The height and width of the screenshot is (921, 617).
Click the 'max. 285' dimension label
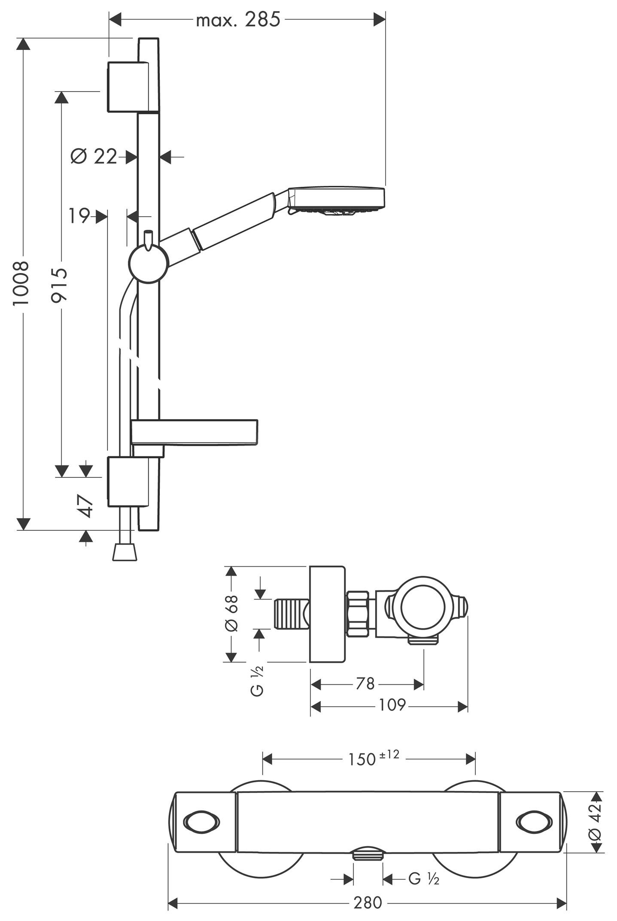click(x=238, y=20)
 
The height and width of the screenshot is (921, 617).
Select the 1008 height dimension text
click(x=21, y=283)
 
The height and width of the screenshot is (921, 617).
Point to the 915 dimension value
click(x=60, y=285)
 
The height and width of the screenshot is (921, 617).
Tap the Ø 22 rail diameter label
click(x=94, y=157)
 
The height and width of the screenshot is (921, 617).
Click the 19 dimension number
click(x=79, y=216)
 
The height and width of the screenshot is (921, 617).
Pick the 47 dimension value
click(x=85, y=505)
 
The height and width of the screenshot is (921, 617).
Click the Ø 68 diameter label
click(x=231, y=613)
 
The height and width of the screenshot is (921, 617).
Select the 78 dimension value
click(x=365, y=684)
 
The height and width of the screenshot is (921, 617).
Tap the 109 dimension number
click(x=392, y=705)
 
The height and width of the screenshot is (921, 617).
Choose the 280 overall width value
click(x=368, y=903)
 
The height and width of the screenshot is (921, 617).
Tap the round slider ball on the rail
click(x=149, y=263)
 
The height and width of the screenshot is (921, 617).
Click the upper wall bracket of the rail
click(x=128, y=87)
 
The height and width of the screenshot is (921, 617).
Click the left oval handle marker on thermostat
click(x=201, y=822)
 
